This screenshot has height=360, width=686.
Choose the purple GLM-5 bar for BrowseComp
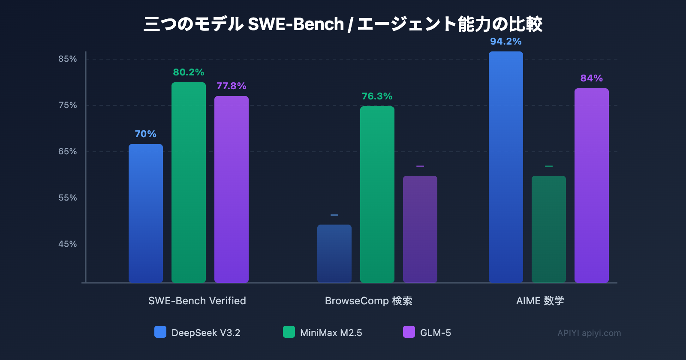click(x=420, y=229)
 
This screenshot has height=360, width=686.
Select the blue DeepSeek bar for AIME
click(x=506, y=167)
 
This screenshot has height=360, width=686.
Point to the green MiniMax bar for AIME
click(x=549, y=229)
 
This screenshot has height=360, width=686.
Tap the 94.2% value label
click(x=506, y=42)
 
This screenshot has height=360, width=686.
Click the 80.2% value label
click(x=189, y=72)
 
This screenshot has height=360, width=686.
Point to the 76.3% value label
click(x=377, y=96)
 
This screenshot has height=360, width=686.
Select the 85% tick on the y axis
click(x=68, y=59)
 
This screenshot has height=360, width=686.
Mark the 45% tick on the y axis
click(x=68, y=244)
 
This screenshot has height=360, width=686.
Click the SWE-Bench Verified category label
click(x=197, y=301)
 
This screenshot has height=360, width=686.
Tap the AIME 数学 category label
click(x=540, y=301)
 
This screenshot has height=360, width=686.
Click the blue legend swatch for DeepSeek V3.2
click(x=160, y=332)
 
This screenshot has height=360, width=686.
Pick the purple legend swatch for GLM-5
click(x=409, y=332)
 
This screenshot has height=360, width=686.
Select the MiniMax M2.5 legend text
click(x=331, y=333)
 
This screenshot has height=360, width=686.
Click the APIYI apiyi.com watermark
click(x=589, y=333)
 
